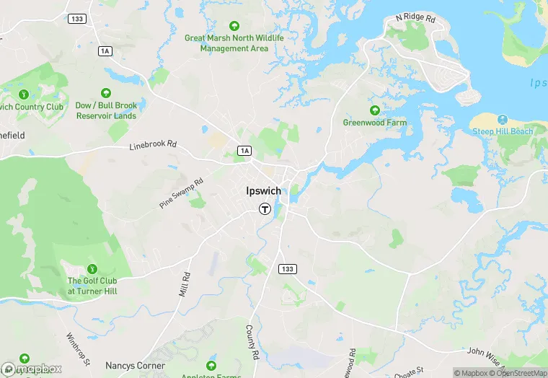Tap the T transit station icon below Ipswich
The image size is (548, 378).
265,209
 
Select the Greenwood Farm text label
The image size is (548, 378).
374,123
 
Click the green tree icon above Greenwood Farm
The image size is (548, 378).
374,110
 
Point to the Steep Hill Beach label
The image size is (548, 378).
503,131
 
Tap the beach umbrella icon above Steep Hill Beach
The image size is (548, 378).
503,119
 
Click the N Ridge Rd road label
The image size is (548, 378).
416,17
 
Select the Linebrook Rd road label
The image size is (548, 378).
153,145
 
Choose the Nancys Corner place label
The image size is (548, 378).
135,366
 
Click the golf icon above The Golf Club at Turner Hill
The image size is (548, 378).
92,268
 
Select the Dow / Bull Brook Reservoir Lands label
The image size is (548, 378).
105,110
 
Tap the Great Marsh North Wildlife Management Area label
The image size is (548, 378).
234,43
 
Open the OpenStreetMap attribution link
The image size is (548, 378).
521,373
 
